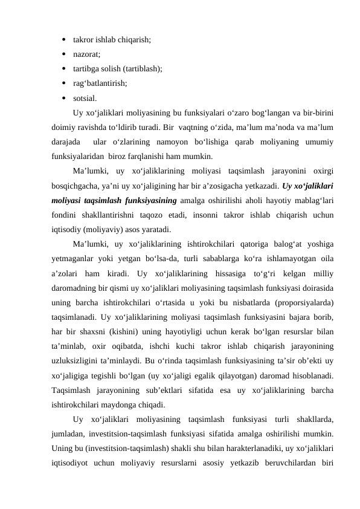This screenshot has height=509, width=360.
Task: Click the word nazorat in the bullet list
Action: [86, 54]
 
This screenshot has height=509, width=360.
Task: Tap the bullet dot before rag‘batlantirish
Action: [63, 83]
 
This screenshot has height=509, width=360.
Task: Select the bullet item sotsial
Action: [83, 97]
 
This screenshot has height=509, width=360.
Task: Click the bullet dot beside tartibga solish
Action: [63, 68]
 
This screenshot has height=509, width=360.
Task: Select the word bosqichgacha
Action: [76, 187]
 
